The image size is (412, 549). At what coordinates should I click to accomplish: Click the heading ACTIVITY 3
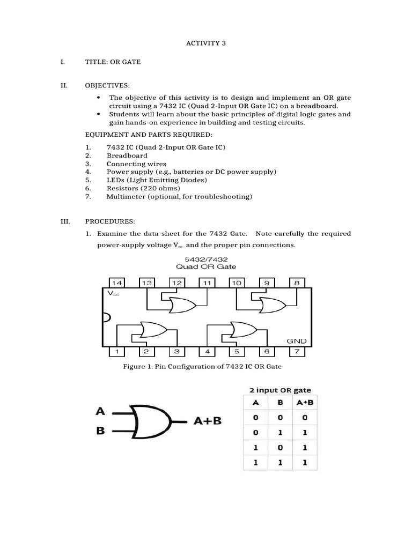pyautogui.click(x=205, y=43)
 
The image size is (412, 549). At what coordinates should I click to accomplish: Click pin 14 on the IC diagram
pyautogui.click(x=117, y=283)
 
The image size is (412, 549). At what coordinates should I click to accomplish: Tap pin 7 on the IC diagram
pyautogui.click(x=297, y=352)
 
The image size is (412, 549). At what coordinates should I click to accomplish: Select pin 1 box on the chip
pyautogui.click(x=117, y=352)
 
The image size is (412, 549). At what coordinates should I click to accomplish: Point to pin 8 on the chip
pyautogui.click(x=297, y=283)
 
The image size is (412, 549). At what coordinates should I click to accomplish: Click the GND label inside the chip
pyautogui.click(x=296, y=340)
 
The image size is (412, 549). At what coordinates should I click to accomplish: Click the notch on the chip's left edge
pyautogui.click(x=106, y=317)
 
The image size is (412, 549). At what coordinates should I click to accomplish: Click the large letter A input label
pyautogui.click(x=100, y=412)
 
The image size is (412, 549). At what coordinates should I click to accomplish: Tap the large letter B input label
pyautogui.click(x=100, y=431)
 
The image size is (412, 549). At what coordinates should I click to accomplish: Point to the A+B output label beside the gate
pyautogui.click(x=207, y=421)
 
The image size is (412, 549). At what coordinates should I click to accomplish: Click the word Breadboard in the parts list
pyautogui.click(x=127, y=155)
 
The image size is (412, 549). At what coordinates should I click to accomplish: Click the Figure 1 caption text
pyautogui.click(x=202, y=366)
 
